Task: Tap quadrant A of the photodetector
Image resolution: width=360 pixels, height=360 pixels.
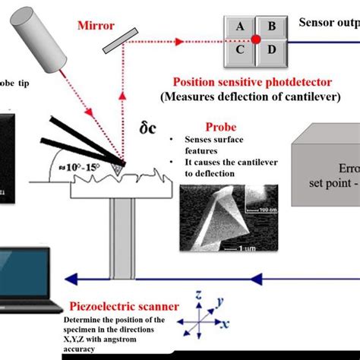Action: click(x=241, y=26)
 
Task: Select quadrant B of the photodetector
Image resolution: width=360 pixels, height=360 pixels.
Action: click(x=271, y=26)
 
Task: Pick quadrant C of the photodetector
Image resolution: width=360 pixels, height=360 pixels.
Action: click(x=241, y=51)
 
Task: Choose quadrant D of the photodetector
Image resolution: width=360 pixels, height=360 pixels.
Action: click(x=271, y=51)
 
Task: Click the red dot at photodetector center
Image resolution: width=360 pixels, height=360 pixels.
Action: click(x=257, y=39)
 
